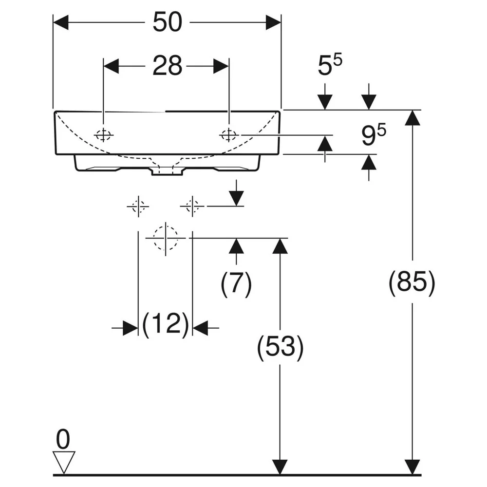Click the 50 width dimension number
click(x=168, y=22)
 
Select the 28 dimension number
click(x=167, y=66)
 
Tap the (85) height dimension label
click(x=412, y=282)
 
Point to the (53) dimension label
click(x=280, y=347)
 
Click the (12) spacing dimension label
click(x=166, y=324)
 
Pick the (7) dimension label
click(x=236, y=283)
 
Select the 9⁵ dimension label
click(x=374, y=134)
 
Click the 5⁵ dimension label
click(x=330, y=64)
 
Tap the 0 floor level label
click(x=63, y=439)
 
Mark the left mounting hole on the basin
click(x=103, y=135)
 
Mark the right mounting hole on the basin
click(x=229, y=135)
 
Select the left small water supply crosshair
click(x=138, y=206)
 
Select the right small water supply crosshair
click(x=192, y=206)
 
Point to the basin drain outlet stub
click(x=167, y=171)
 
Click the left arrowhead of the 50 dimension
click(x=61, y=22)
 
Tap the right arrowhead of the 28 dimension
click(x=221, y=66)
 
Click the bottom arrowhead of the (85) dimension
click(x=412, y=467)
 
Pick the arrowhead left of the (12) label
click(x=131, y=328)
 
